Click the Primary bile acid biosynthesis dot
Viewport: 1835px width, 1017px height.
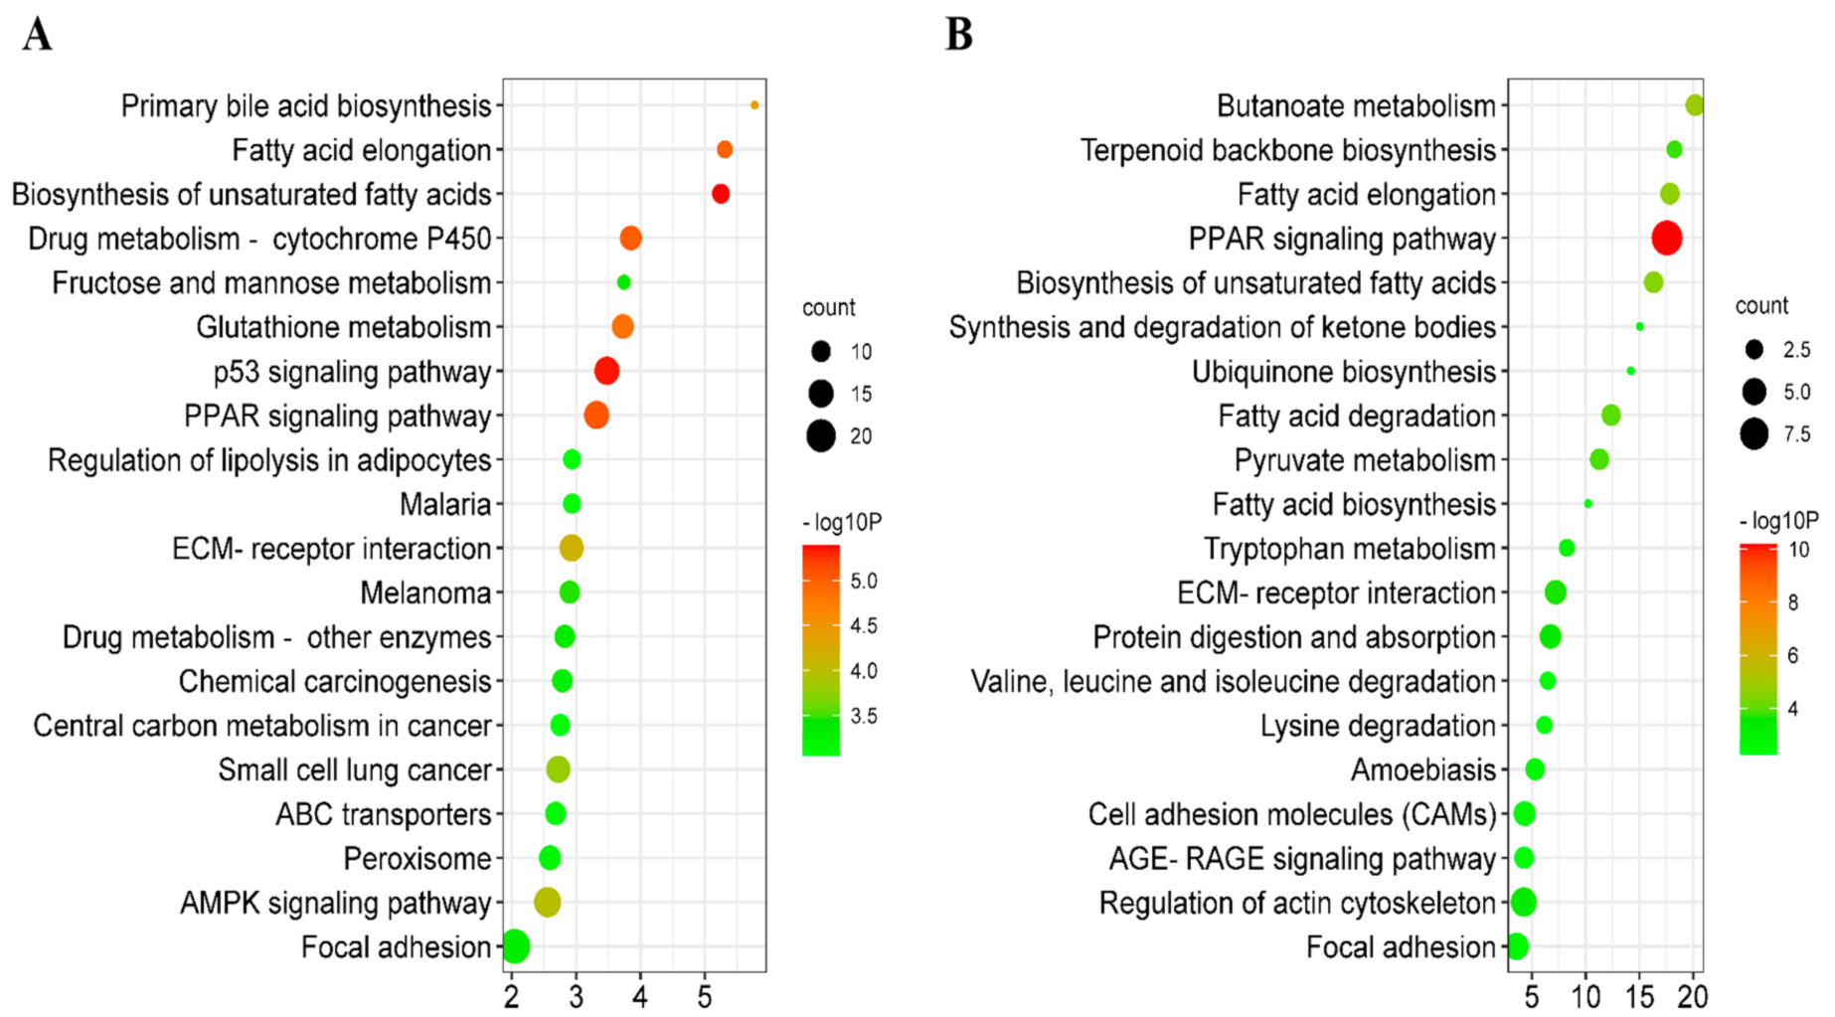coord(754,105)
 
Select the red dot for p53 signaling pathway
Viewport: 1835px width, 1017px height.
coord(606,372)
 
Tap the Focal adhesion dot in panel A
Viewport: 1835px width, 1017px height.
coord(515,946)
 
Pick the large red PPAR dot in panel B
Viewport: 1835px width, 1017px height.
coord(1667,239)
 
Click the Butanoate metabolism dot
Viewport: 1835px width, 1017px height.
coord(1695,105)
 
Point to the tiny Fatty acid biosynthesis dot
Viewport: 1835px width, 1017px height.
coord(1587,504)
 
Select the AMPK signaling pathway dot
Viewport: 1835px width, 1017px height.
coord(547,903)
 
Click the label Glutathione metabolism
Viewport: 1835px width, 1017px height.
coord(343,327)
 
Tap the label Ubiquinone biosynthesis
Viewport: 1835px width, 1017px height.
coord(1343,372)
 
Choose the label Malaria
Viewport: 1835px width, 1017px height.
coord(444,505)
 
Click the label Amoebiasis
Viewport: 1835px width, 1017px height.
coord(1422,770)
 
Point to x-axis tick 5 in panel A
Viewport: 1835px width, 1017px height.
coord(705,996)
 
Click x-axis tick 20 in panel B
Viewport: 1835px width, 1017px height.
coord(1693,996)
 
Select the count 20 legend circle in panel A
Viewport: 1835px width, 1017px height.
coord(821,436)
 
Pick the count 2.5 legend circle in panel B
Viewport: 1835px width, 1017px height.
coord(1753,350)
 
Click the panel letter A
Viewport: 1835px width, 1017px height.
coord(37,35)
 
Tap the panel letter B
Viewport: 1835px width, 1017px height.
coord(958,35)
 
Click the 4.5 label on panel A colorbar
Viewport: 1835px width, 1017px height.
coord(863,626)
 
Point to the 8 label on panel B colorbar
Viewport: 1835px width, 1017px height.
coord(1793,602)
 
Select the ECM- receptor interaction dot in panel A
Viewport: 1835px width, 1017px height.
coord(571,548)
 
